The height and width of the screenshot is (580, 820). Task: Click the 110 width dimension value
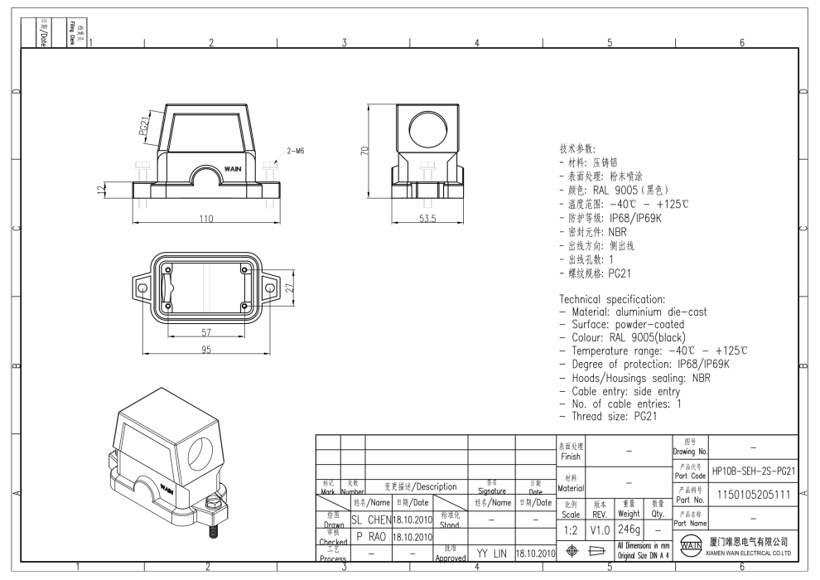tap(204, 219)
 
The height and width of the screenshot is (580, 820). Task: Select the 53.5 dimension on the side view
tap(427, 219)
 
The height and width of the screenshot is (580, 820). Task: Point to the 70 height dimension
tap(364, 151)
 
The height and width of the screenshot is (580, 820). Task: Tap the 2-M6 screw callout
tap(296, 151)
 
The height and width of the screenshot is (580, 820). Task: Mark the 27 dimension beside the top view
tap(291, 288)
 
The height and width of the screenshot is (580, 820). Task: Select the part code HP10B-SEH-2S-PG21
tap(754, 471)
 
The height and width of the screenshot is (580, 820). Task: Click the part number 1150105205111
tap(754, 495)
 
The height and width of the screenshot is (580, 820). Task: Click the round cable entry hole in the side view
tap(427, 130)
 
